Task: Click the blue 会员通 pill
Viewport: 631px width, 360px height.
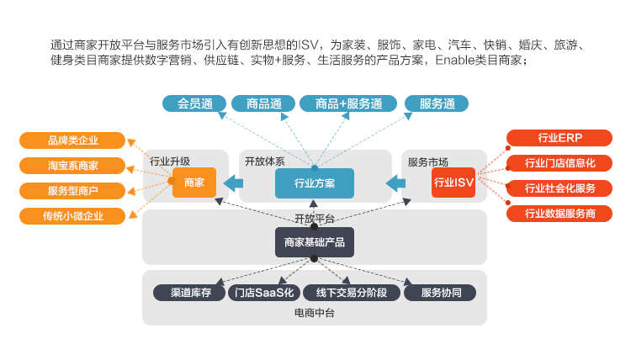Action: tap(194, 104)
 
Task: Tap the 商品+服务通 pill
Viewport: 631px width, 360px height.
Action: tap(348, 104)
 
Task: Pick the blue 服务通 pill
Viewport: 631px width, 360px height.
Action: tap(437, 104)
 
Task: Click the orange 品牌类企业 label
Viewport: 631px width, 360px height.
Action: tap(72, 140)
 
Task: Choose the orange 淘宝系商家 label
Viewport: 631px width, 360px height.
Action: tap(72, 165)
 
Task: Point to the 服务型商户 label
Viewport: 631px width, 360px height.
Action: tap(72, 190)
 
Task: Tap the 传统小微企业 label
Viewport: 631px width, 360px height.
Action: tap(72, 216)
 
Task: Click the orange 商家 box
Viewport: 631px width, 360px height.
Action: tap(194, 183)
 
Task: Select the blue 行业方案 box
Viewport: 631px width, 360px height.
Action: tap(314, 183)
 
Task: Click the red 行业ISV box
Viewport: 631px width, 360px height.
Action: tap(453, 183)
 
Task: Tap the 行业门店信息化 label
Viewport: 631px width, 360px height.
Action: tap(559, 163)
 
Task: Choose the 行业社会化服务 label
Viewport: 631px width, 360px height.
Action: tap(559, 188)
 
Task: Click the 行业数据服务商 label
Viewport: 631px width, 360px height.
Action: tap(559, 214)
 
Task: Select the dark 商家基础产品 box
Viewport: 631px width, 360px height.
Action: tap(314, 242)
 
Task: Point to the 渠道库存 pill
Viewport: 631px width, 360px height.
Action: tap(188, 293)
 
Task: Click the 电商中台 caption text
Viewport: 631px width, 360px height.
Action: tap(314, 314)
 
